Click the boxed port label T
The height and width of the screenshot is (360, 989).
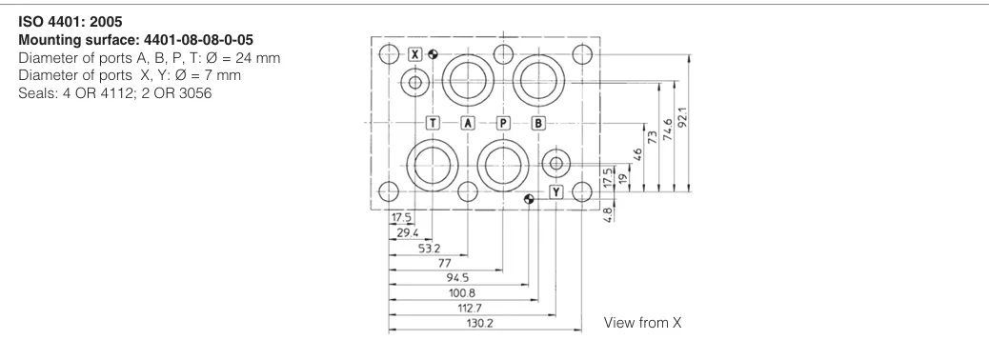433,123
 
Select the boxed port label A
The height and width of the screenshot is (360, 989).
468,123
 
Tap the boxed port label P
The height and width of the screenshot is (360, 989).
503,123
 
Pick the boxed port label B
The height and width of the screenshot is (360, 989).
538,123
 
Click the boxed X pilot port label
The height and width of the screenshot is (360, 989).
414,54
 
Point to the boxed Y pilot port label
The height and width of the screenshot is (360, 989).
555,192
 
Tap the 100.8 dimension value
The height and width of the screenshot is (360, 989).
461,293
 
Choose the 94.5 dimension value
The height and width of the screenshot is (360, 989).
457,278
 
